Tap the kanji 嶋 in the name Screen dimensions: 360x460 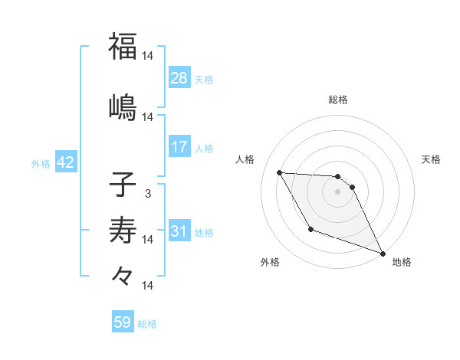click(123, 106)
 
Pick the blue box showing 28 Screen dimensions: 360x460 click(179, 78)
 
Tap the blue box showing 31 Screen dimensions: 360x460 click(179, 231)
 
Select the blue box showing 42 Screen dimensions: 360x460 click(65, 163)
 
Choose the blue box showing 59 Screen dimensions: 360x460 click(123, 322)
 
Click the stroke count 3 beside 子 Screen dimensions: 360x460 click(147, 194)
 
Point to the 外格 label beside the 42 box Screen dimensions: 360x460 click(41, 164)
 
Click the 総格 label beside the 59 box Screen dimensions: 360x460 click(147, 324)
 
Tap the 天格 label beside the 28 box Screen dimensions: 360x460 click(204, 79)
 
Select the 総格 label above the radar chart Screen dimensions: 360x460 click(337, 100)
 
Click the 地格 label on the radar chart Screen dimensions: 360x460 click(402, 262)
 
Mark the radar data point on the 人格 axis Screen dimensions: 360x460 click(279, 172)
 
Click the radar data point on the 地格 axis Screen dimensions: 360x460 click(383, 254)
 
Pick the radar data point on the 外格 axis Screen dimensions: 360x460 click(310, 229)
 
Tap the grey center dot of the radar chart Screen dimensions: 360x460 click(337, 191)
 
